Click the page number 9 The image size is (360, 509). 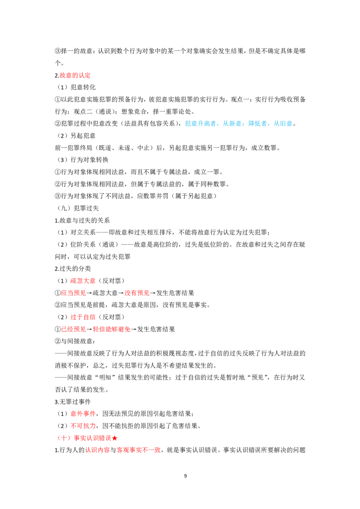click(x=185, y=476)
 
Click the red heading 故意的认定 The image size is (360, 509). click(x=75, y=75)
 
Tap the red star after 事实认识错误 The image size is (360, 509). click(x=114, y=438)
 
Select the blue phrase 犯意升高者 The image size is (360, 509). click(x=200, y=123)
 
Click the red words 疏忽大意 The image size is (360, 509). click(x=83, y=281)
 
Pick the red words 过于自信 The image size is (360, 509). click(x=83, y=317)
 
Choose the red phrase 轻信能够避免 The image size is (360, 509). click(x=112, y=329)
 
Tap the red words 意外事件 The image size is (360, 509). click(x=83, y=414)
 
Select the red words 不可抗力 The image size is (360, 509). click(x=83, y=426)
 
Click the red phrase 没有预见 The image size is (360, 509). click(x=137, y=293)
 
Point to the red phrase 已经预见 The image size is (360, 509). click(x=73, y=329)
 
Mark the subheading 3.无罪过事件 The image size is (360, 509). click(x=72, y=402)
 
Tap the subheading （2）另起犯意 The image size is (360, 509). click(x=75, y=136)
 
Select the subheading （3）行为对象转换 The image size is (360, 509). click(x=81, y=160)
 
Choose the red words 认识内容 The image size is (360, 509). click(x=97, y=450)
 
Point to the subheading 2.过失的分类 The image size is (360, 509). click(x=72, y=269)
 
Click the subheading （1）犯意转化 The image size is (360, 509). click(x=75, y=87)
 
